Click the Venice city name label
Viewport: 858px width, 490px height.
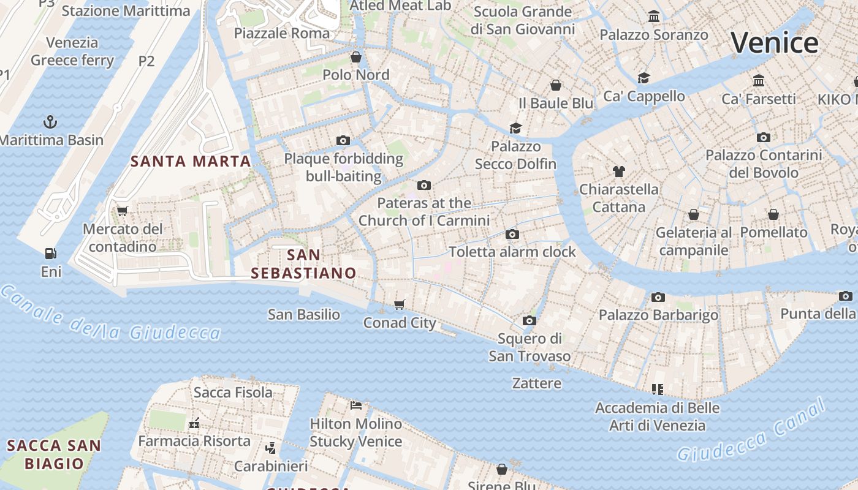click(x=775, y=43)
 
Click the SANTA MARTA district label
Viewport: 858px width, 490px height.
click(x=191, y=161)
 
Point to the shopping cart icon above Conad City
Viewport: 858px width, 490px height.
click(x=400, y=304)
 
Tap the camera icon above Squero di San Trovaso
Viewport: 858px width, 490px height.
click(x=530, y=320)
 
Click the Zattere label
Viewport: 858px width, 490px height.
click(x=536, y=383)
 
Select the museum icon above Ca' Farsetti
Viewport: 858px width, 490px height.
click(x=759, y=80)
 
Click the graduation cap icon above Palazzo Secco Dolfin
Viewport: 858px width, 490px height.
click(x=515, y=128)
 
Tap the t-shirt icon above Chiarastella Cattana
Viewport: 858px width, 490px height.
click(x=618, y=171)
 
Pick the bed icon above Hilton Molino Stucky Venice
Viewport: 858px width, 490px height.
click(x=356, y=405)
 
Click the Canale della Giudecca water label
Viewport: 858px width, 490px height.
click(x=110, y=314)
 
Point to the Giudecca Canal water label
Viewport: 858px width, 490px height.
click(x=752, y=430)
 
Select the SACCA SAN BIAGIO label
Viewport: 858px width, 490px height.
click(x=54, y=454)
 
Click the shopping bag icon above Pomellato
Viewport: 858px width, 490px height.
click(x=773, y=214)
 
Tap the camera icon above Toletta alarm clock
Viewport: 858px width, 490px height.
click(x=512, y=234)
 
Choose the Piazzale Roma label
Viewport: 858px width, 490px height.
click(x=282, y=33)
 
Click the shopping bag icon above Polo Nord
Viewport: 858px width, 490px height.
click(x=356, y=57)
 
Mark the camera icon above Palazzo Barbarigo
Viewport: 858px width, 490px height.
click(x=658, y=297)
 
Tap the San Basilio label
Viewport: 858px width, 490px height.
click(x=304, y=315)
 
